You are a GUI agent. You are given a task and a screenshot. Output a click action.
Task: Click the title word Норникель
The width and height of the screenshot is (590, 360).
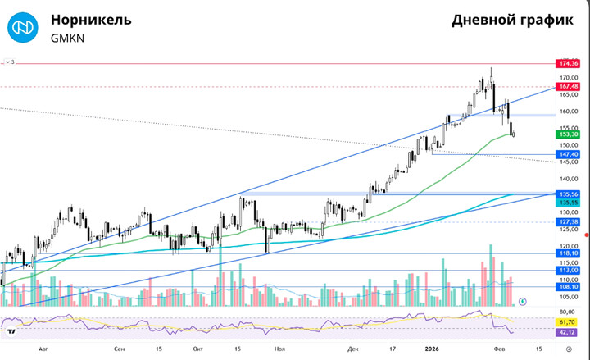90,20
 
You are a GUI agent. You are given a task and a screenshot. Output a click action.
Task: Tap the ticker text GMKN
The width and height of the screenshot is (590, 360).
67,38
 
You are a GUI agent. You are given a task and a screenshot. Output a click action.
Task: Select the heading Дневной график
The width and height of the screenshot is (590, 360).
512,21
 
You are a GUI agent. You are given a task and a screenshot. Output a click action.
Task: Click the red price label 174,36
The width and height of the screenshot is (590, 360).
568,63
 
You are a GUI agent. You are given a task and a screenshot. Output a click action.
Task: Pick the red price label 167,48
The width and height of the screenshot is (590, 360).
568,86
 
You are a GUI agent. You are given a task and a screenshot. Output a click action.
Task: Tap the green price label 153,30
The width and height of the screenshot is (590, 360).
568,134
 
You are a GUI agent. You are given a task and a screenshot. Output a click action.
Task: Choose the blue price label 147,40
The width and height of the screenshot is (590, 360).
568,153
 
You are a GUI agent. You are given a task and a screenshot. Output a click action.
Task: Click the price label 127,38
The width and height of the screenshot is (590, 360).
568,221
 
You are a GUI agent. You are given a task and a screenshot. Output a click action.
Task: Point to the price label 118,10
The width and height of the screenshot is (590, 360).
568,254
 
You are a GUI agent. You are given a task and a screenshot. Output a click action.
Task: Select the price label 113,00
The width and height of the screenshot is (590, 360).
568,270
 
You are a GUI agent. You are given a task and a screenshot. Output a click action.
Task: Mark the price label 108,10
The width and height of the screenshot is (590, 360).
568,287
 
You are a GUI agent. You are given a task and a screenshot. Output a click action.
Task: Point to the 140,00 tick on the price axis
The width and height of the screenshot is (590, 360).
568,179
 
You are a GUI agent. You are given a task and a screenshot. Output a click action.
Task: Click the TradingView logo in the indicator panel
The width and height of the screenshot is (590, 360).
11,332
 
